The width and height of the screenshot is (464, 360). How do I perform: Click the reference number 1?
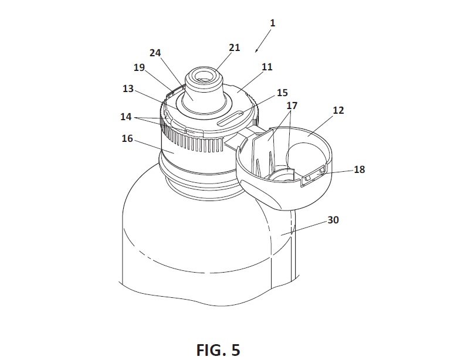(x=273, y=23)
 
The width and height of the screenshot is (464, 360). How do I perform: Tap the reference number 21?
(x=235, y=47)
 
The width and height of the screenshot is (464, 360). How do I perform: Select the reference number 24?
(x=155, y=53)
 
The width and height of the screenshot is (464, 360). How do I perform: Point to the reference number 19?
(x=139, y=67)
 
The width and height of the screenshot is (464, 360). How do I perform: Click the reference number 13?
(x=128, y=89)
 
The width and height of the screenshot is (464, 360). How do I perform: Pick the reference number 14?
(x=126, y=117)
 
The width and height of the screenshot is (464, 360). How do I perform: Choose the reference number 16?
(x=127, y=138)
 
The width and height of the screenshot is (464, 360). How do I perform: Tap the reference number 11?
(x=267, y=67)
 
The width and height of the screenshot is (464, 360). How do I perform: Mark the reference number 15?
(x=282, y=93)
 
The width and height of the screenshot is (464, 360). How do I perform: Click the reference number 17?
(x=292, y=106)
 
